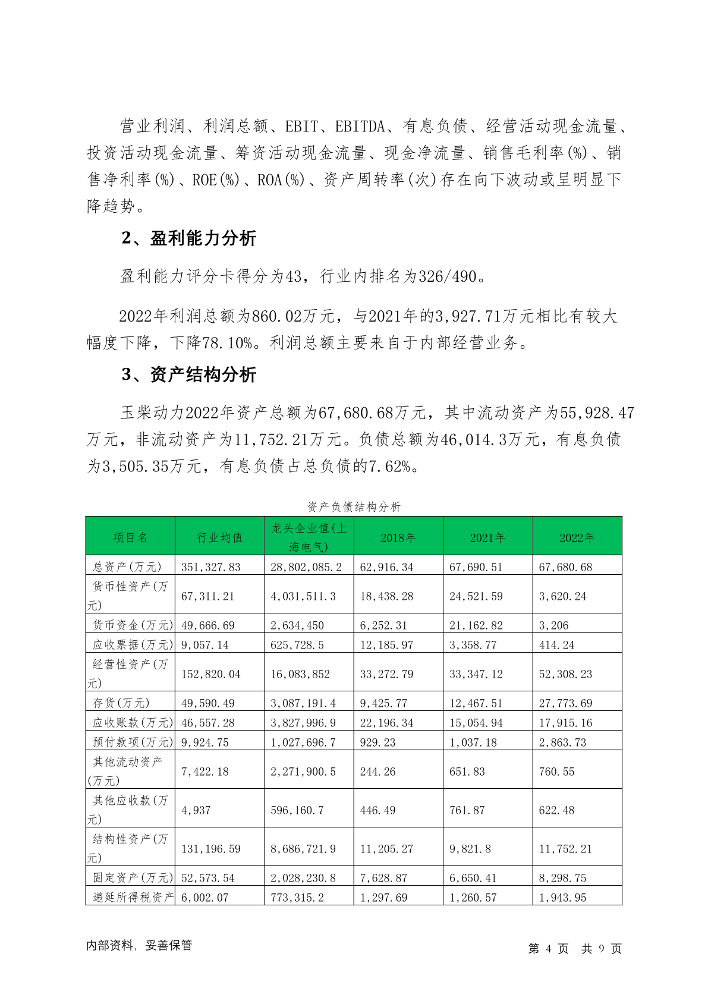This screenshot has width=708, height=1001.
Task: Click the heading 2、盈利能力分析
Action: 188,238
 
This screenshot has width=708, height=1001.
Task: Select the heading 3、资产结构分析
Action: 188,374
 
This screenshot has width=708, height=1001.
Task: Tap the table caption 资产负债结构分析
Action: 354,506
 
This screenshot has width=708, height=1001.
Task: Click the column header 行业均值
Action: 220,537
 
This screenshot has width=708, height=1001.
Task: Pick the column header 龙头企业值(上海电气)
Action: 309,537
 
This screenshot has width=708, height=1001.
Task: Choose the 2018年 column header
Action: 398,537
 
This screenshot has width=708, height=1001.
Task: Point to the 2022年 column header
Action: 577,537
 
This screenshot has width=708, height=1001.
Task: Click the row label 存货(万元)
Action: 121,703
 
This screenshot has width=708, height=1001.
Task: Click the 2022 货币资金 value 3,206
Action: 553,625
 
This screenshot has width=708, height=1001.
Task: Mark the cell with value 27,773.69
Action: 565,703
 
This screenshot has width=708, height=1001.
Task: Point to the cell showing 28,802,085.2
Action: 306,567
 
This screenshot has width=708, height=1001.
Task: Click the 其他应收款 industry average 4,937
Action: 196,810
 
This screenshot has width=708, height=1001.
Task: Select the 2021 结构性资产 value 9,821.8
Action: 470,849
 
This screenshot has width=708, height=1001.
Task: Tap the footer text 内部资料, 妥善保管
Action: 139,945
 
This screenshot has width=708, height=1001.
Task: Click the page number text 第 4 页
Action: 548,949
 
